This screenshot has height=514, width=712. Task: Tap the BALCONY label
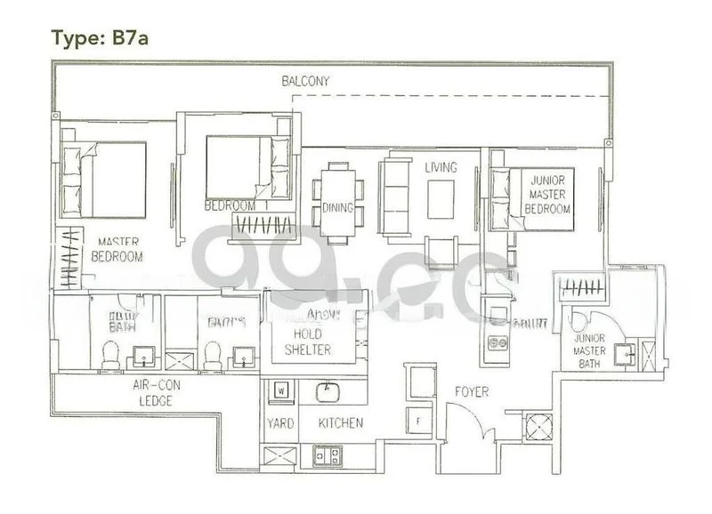pos(305,81)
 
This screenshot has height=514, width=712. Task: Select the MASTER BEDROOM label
pos(117,249)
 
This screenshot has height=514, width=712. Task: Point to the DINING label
pos(337,208)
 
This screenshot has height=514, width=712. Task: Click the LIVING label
pos(441,167)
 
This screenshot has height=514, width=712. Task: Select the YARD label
pos(280,423)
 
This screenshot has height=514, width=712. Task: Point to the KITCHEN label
pos(339,423)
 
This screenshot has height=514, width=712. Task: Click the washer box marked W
pos(280,389)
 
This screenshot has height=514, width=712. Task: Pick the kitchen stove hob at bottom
pos(327,456)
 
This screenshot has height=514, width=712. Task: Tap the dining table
pos(337,203)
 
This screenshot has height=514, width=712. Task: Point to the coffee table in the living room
pos(441,199)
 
